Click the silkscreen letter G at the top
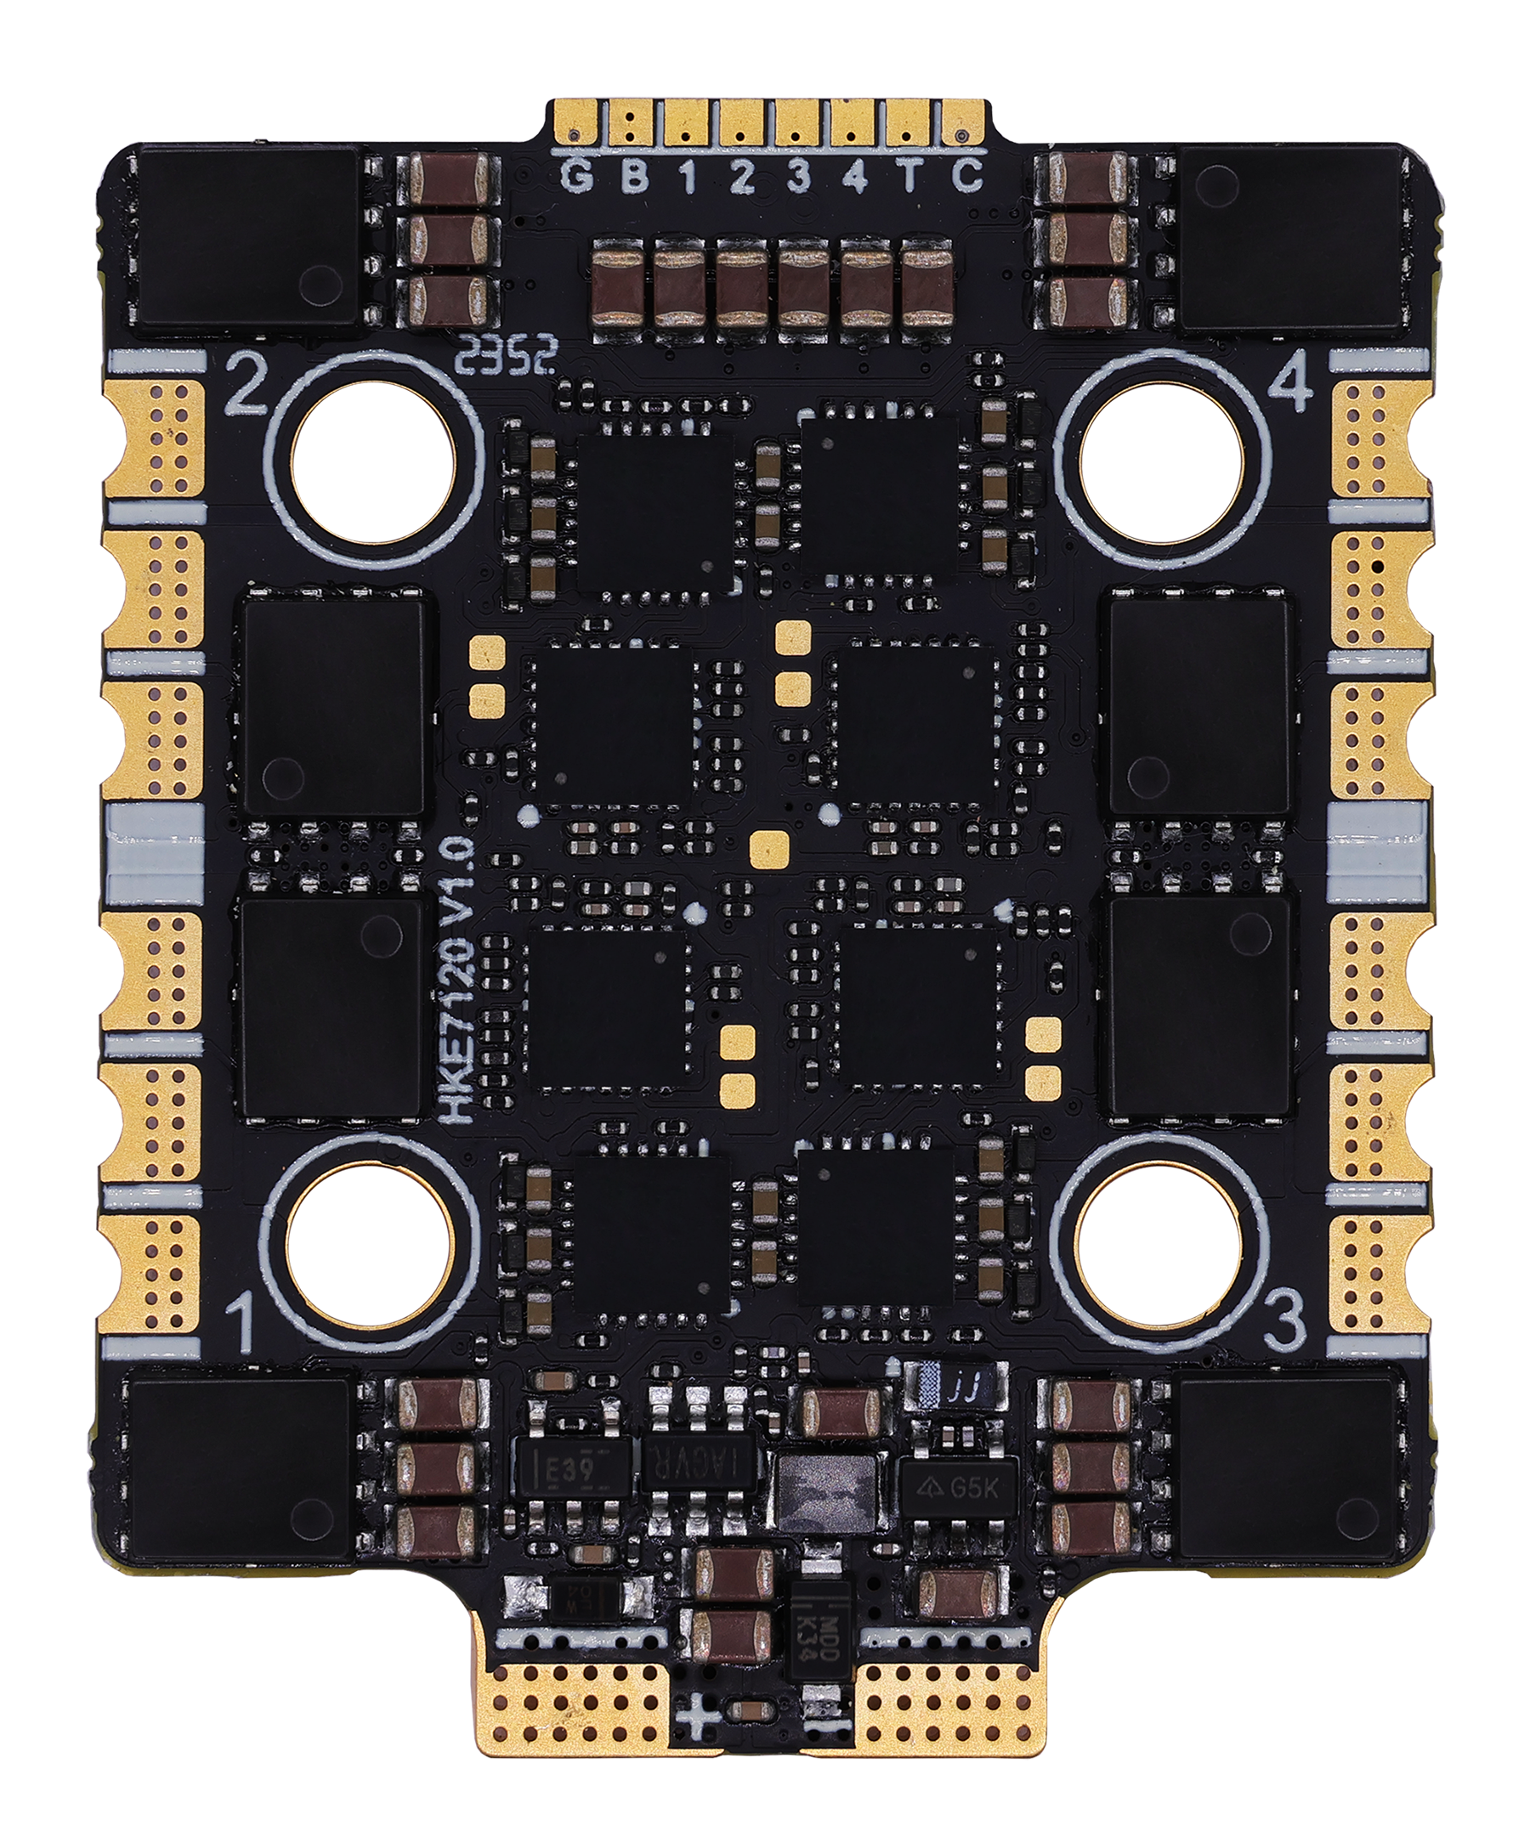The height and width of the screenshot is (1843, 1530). click(576, 178)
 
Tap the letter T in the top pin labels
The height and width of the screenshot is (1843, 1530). click(909, 178)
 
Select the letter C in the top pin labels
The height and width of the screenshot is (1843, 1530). click(966, 178)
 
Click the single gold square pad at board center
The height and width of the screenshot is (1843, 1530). click(771, 845)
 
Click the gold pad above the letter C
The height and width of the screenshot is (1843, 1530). click(960, 122)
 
